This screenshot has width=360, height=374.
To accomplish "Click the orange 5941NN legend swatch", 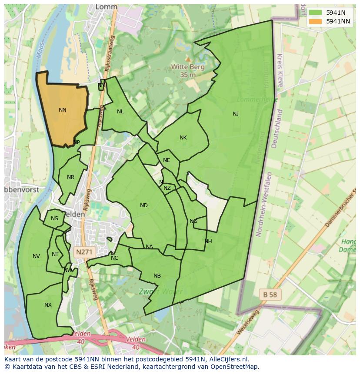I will pos(316,21).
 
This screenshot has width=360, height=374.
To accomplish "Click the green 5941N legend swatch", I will pos(316,13).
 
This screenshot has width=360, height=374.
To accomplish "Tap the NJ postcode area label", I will pos(235,114).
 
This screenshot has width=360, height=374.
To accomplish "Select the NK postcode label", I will pos(183,138).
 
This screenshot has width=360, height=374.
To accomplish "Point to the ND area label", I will pos(144,205).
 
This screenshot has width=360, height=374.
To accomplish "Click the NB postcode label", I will pos(157,276).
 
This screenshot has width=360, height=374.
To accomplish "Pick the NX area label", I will pos(48,305).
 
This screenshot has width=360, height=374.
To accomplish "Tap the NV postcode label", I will pos(36,256).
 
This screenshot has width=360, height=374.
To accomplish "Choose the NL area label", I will pos(120,112).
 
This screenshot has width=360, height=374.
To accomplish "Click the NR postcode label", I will pos(70,177).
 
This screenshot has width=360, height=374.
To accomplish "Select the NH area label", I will pos(208,242).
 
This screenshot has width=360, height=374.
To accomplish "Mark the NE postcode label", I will pos(167,160).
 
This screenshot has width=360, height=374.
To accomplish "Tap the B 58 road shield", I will pos(270,294).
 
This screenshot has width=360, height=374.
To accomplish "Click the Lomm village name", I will pos(107,7).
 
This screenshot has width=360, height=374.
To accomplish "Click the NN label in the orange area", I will pos(63,110).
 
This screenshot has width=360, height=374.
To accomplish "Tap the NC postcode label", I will pos(114,258).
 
